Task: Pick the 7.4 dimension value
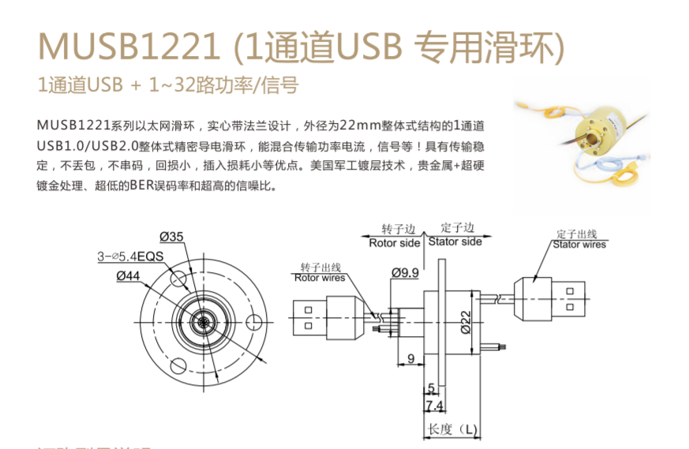(x=433, y=406)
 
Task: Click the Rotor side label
(x=394, y=242)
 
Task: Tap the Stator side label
(x=455, y=241)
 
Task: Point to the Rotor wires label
(x=319, y=277)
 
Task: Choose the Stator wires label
(x=579, y=245)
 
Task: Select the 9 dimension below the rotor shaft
(x=411, y=359)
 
